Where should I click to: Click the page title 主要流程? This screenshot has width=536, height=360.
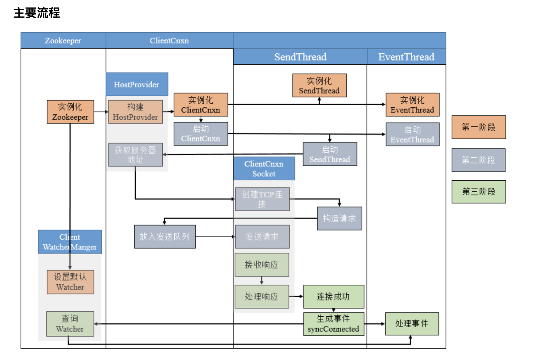click(x=37, y=13)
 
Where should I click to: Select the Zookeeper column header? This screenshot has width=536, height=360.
click(x=63, y=41)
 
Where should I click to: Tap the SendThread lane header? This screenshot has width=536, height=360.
click(x=300, y=57)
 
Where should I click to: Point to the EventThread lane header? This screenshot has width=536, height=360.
click(x=406, y=57)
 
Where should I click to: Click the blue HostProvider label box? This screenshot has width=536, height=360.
click(x=137, y=84)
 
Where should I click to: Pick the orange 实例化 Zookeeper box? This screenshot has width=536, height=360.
click(x=70, y=112)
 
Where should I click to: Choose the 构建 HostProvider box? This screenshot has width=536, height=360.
click(x=135, y=112)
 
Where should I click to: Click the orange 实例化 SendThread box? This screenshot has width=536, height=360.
click(x=319, y=86)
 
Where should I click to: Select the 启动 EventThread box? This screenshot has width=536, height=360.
click(x=412, y=134)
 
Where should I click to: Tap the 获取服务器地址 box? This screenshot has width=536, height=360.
click(x=135, y=155)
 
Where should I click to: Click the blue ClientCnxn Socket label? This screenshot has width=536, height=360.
click(x=264, y=169)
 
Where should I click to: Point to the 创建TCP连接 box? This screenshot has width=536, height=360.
click(x=262, y=199)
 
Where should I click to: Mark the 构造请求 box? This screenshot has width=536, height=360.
click(x=339, y=219)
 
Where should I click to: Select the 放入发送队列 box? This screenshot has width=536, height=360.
click(x=164, y=237)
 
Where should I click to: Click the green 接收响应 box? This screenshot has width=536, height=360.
click(x=262, y=264)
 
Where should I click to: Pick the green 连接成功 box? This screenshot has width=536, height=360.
click(x=333, y=296)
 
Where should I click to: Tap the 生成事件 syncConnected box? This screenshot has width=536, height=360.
click(x=333, y=324)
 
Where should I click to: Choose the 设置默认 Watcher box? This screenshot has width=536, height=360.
click(x=70, y=282)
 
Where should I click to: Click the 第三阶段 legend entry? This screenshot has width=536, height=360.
click(x=478, y=192)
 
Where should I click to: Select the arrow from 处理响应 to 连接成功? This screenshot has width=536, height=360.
click(x=296, y=296)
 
